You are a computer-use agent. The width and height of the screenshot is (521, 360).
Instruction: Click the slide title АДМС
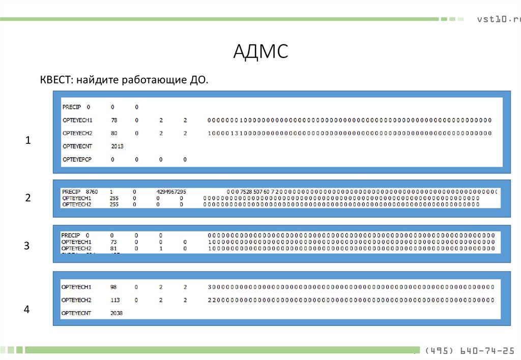(260, 52)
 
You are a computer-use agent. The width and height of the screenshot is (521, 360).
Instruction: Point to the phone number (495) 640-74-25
(469, 350)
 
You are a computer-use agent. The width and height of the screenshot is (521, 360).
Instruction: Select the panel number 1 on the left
(28, 140)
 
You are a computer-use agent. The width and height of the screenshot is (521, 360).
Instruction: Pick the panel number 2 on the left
(28, 198)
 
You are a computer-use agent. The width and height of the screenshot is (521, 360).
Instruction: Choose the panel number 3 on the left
(27, 246)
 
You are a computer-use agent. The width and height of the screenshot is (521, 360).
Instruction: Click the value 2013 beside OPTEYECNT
(117, 146)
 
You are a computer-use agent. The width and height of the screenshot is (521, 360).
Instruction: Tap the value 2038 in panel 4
(117, 313)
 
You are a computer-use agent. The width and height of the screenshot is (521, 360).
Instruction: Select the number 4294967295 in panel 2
(171, 192)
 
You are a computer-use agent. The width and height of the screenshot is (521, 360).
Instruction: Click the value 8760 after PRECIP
(92, 192)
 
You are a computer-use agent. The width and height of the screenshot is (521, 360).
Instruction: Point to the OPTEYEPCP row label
(77, 160)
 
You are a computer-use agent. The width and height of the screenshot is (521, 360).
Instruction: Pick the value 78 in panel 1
(114, 121)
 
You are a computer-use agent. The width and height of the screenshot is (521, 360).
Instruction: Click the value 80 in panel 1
(114, 134)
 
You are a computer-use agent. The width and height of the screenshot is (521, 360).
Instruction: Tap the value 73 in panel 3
(113, 242)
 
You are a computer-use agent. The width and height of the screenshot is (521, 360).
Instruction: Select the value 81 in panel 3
(113, 249)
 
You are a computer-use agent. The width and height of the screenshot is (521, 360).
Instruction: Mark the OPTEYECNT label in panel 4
(76, 313)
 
